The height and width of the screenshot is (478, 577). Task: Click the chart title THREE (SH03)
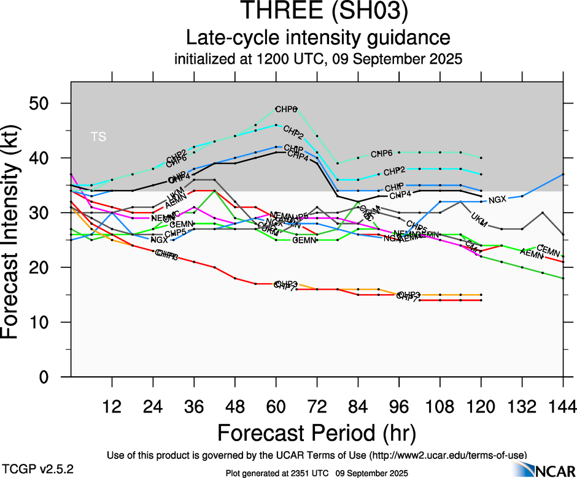323,12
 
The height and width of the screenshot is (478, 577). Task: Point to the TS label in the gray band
98,137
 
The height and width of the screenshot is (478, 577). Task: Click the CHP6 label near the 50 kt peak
285,110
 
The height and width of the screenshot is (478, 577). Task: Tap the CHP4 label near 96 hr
400,195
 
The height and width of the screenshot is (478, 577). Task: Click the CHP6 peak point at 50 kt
276,108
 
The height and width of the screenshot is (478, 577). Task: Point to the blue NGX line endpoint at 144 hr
563,175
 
